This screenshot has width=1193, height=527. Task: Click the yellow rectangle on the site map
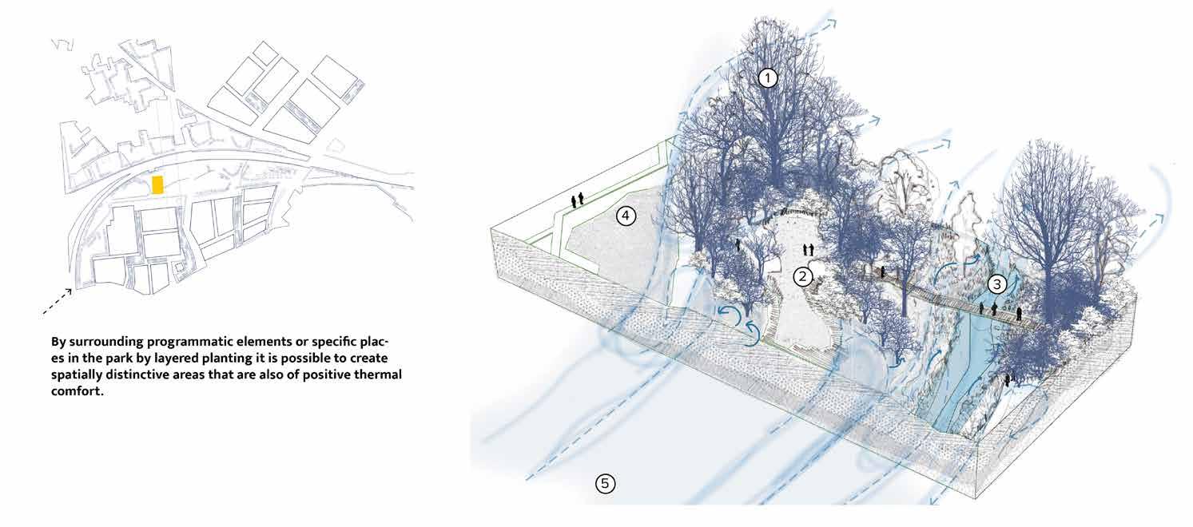pos(157,184)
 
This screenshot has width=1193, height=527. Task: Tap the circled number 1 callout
pos(767,78)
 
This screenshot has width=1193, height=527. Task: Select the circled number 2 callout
pos(802,276)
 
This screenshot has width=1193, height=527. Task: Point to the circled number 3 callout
pos(997,284)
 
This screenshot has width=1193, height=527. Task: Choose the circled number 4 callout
pos(626,216)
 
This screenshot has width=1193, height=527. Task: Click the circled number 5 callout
pos(604,483)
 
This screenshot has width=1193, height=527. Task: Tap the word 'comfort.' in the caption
pos(78,391)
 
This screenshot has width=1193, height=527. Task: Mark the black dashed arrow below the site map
pos(58,301)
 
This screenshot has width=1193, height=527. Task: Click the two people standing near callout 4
pos(577,200)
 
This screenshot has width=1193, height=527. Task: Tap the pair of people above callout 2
pos(808,250)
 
